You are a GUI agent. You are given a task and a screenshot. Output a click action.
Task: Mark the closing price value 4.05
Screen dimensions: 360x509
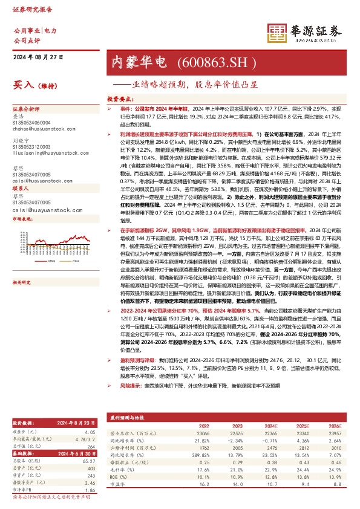point(92,433)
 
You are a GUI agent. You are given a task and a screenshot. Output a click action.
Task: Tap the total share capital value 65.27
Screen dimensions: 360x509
point(91,462)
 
